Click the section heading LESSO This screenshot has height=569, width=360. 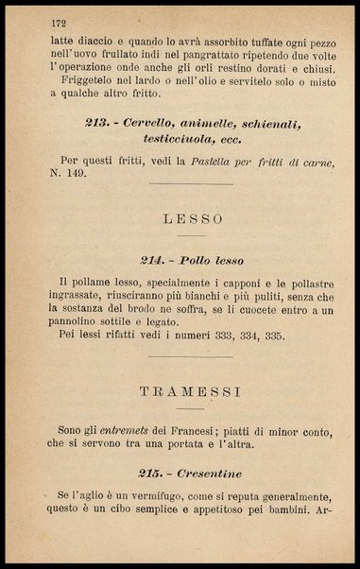coord(193,218)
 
